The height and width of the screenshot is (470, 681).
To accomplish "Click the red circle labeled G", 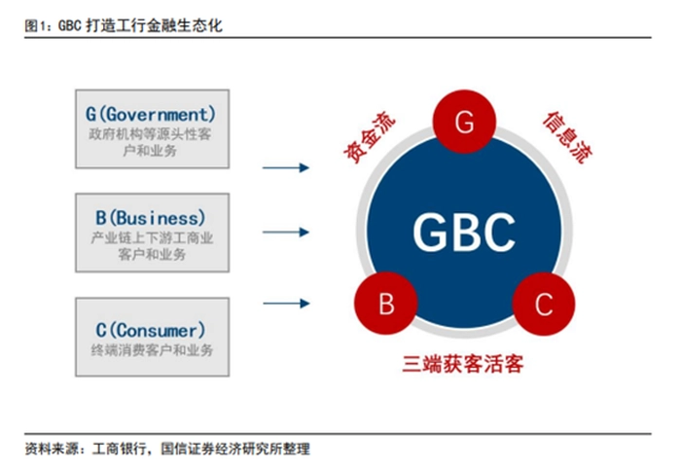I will pyautogui.click(x=463, y=123).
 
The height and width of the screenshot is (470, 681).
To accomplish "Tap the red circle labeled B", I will pyautogui.click(x=385, y=304).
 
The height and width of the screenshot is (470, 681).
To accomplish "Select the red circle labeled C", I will pyautogui.click(x=543, y=304).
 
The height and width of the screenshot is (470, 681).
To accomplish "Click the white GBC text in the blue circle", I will pyautogui.click(x=463, y=232).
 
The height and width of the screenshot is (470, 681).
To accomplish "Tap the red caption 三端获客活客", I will pyautogui.click(x=463, y=364).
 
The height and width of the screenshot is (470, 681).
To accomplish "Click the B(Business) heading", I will pyautogui.click(x=152, y=217).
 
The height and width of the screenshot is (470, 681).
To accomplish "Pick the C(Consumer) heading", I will pyautogui.click(x=152, y=328).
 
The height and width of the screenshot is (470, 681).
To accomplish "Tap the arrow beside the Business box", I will pyautogui.click(x=286, y=232).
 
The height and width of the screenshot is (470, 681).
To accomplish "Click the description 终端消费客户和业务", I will pyautogui.click(x=152, y=349).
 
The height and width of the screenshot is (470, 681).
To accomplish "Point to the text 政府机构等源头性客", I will pyautogui.click(x=152, y=134).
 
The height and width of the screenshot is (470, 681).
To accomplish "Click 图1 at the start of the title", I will pyautogui.click(x=37, y=25).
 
